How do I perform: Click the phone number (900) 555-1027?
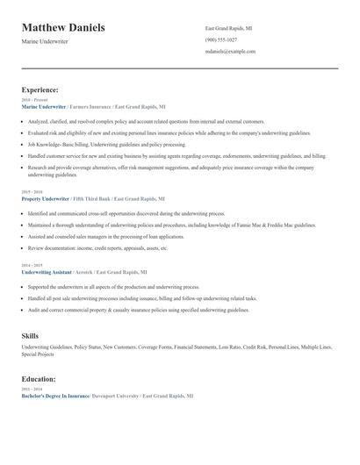[x=221, y=39]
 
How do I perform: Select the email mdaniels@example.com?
[x=230, y=52]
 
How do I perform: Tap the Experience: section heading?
[x=40, y=89]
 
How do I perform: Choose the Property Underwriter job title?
[x=45, y=199]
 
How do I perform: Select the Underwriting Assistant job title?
[x=47, y=272]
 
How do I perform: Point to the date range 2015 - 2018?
[x=31, y=191]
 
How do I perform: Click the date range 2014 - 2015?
[x=31, y=265]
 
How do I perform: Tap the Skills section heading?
[x=30, y=335]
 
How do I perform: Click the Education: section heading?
[x=39, y=379]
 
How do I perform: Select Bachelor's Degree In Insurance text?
[x=54, y=397]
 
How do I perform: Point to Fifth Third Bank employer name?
[x=91, y=199]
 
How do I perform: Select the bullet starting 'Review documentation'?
[x=97, y=247]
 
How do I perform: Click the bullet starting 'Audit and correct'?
[x=138, y=311]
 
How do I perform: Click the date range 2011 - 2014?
[x=31, y=390]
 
